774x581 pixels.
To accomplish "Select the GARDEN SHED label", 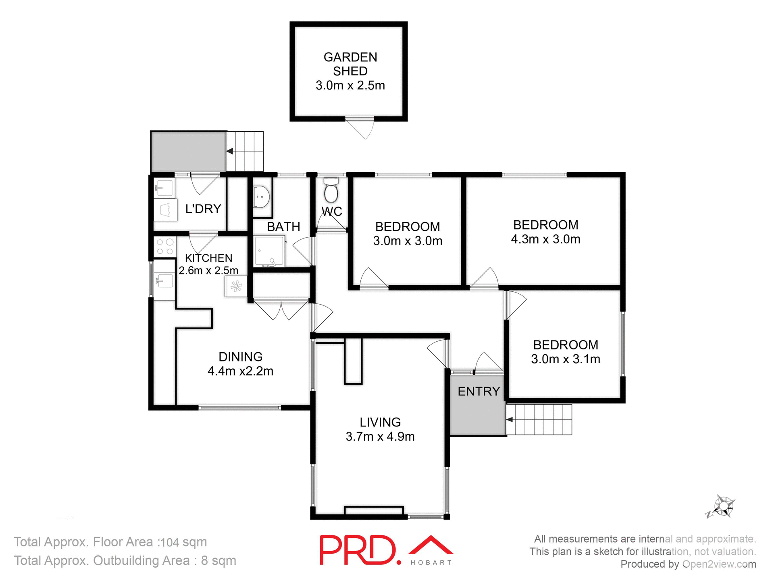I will pos(350,64).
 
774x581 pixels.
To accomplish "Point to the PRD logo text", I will pos(358,550).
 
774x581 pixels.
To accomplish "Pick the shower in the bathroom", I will pos(269,251).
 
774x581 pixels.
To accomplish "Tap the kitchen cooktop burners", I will pos(165,247).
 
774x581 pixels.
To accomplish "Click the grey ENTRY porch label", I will pos(479,391).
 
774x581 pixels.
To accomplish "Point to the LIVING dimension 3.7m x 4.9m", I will pos(380,437).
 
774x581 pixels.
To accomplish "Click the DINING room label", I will pos(240,357).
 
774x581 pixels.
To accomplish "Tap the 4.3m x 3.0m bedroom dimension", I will pos(545,239).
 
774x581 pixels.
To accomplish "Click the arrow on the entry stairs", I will pos(510,420).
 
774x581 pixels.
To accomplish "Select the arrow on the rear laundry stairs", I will pos(230,151).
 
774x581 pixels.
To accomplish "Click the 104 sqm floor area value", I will pos(184,542).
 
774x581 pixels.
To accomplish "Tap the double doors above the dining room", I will pos(281,310).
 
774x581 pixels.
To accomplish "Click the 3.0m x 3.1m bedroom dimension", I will pos(565,359).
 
